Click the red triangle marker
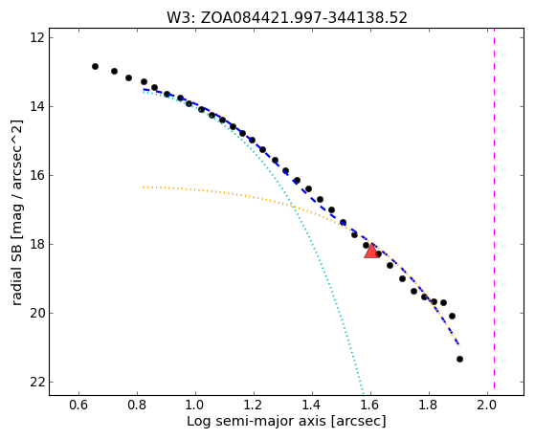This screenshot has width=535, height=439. pyautogui.click(x=372, y=251)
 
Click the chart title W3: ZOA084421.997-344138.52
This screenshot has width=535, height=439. pyautogui.click(x=286, y=17)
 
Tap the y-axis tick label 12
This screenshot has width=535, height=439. pyautogui.click(x=37, y=37)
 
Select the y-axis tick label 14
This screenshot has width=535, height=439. pyautogui.click(x=37, y=106)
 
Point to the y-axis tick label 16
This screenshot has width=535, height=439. pyautogui.click(x=37, y=175)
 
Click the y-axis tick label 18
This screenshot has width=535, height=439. pyautogui.click(x=37, y=244)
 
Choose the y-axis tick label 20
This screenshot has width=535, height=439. pyautogui.click(x=37, y=313)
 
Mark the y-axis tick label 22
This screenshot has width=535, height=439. pyautogui.click(x=37, y=382)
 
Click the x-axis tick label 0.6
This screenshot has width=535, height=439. pyautogui.click(x=78, y=405)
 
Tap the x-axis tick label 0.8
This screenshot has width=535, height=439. pyautogui.click(x=137, y=405)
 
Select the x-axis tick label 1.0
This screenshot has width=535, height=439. pyautogui.click(x=195, y=405)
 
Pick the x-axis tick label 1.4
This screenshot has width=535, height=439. pyautogui.click(x=312, y=405)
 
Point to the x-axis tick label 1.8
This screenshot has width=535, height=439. pyautogui.click(x=429, y=405)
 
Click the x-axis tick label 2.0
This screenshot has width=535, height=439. pyautogui.click(x=487, y=405)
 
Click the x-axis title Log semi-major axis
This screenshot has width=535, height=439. pyautogui.click(x=256, y=422)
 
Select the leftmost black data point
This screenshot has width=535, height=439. pyautogui.click(x=95, y=67)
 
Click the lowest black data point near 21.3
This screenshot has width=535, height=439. pyautogui.click(x=459, y=359)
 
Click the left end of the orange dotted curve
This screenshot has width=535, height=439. pyautogui.click(x=144, y=187)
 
